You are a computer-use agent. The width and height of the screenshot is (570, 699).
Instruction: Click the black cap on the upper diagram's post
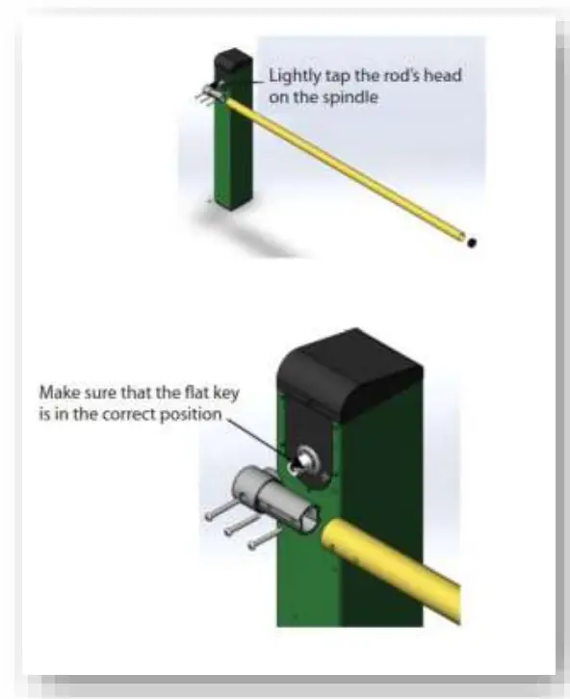232,64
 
